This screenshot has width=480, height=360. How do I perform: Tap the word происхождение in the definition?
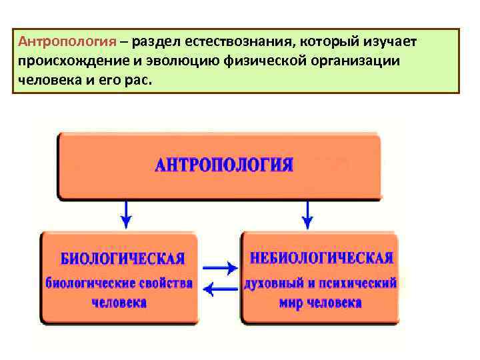point(63,62)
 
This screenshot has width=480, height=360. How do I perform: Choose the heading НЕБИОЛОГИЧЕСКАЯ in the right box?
point(321,257)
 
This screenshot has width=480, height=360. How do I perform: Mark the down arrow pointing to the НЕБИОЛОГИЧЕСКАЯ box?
point(307,215)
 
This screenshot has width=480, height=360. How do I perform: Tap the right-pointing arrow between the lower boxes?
point(219,268)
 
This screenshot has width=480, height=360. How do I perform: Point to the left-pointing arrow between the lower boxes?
point(219,289)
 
